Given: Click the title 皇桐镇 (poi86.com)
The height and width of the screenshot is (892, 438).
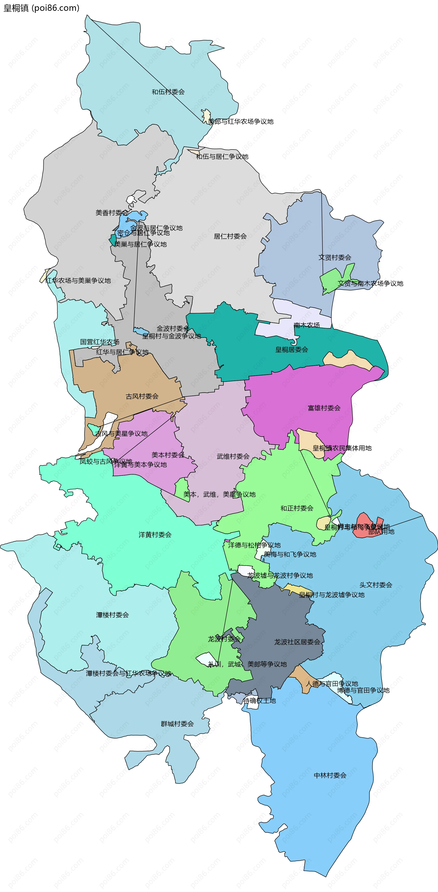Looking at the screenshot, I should (x=41, y=8).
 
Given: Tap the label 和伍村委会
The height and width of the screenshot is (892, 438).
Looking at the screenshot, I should (x=168, y=92).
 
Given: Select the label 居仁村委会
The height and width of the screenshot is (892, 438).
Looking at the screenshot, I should (x=230, y=236).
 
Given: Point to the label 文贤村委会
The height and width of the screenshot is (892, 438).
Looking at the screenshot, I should (x=335, y=257).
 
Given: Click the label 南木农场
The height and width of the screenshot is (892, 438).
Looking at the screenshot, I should (x=307, y=325).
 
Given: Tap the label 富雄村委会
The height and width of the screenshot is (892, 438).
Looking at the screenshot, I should (x=324, y=408).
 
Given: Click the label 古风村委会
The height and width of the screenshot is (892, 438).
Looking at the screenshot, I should (x=142, y=396).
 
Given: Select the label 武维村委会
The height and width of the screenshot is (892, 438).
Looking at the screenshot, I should (x=233, y=456).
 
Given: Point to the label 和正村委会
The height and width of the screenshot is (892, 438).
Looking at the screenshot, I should (x=297, y=508).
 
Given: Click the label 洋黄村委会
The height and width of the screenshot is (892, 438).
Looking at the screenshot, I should (x=155, y=535).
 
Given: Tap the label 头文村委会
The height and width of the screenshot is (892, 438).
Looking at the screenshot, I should (x=376, y=585).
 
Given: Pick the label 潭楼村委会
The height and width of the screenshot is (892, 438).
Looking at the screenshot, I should (x=112, y=615).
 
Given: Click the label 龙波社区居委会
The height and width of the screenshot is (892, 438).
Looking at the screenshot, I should (x=297, y=642).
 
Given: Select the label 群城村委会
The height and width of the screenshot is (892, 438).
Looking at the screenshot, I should (x=177, y=724).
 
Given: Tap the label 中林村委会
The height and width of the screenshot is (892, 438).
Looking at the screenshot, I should (x=330, y=775).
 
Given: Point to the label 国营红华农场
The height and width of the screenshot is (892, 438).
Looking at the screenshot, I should (x=99, y=342).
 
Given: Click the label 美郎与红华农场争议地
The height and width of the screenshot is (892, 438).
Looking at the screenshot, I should (x=241, y=122).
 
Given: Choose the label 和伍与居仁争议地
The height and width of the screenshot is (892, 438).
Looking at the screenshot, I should (x=222, y=157).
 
